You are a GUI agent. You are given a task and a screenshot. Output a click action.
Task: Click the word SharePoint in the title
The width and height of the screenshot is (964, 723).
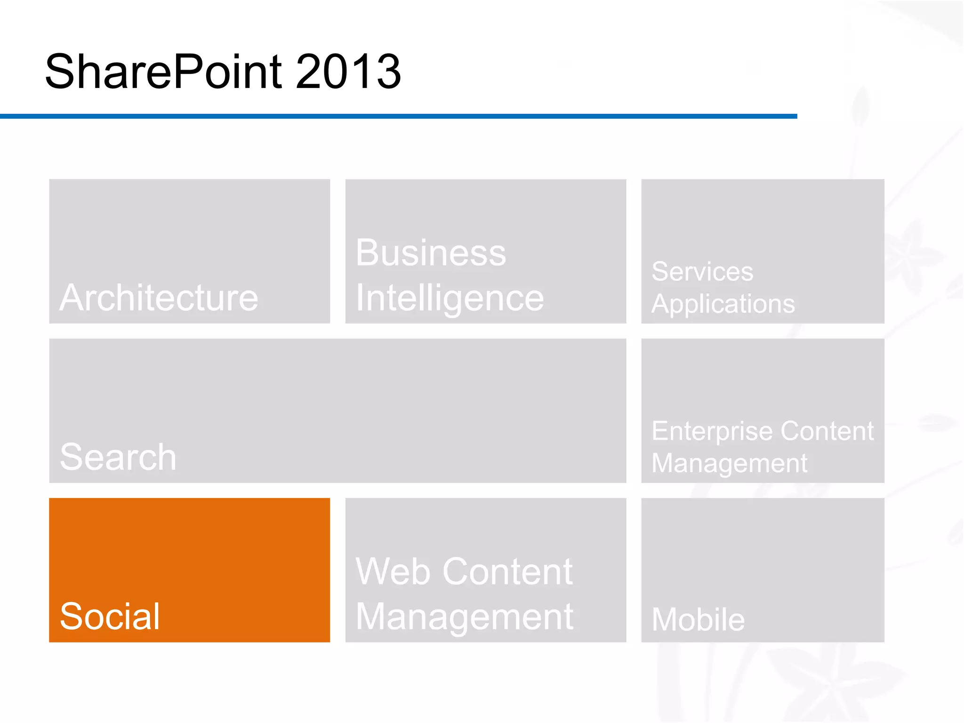pos(163,72)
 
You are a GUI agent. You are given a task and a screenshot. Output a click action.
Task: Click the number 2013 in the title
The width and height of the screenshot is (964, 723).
pos(348,72)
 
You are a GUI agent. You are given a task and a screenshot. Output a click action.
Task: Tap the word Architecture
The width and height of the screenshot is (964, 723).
pos(159,298)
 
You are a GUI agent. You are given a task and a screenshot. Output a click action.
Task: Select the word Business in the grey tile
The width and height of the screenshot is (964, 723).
pos(431,253)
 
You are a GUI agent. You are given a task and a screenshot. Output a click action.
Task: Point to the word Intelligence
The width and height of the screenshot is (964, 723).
pos(450,298)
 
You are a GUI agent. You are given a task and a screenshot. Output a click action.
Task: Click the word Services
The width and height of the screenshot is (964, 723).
pos(702,272)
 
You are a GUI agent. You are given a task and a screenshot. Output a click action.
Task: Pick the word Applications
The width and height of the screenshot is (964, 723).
pos(723,304)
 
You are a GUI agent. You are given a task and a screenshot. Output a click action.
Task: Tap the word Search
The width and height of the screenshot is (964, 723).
pos(118,457)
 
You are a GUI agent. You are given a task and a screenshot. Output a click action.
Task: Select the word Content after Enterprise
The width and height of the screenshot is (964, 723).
pos(827,431)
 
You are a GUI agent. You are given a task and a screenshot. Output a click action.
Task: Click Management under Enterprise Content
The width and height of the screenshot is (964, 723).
pos(729,463)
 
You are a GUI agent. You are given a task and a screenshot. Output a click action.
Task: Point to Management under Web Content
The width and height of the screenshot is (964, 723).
pos(465,617)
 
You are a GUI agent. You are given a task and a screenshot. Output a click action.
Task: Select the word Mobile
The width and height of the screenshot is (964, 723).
pos(698,619)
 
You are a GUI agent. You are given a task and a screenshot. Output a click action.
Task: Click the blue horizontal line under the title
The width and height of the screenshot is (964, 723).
pos(398,116)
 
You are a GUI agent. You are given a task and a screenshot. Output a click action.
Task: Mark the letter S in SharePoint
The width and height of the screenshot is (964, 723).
pos(60,72)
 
